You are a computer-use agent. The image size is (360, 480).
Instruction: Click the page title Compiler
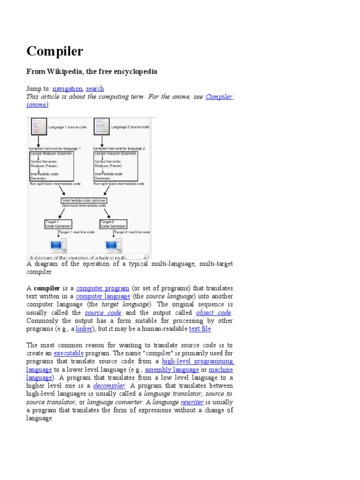(55, 51)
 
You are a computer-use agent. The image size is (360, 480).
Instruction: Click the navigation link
(67, 89)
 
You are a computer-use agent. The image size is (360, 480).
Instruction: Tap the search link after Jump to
(95, 89)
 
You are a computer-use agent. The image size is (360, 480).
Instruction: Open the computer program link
(102, 288)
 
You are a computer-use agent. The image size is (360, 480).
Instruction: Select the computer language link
(103, 297)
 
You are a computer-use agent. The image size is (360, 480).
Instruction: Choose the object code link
(214, 313)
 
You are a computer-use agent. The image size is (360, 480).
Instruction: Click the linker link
(84, 329)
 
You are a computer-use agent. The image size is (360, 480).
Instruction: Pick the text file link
(200, 329)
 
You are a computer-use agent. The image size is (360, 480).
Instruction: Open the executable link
(68, 353)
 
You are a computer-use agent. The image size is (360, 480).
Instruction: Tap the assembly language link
(172, 370)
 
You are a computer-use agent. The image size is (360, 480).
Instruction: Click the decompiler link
(109, 386)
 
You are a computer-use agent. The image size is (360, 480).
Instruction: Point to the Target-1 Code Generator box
(58, 224)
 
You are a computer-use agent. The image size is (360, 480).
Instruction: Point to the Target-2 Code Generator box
(113, 224)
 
